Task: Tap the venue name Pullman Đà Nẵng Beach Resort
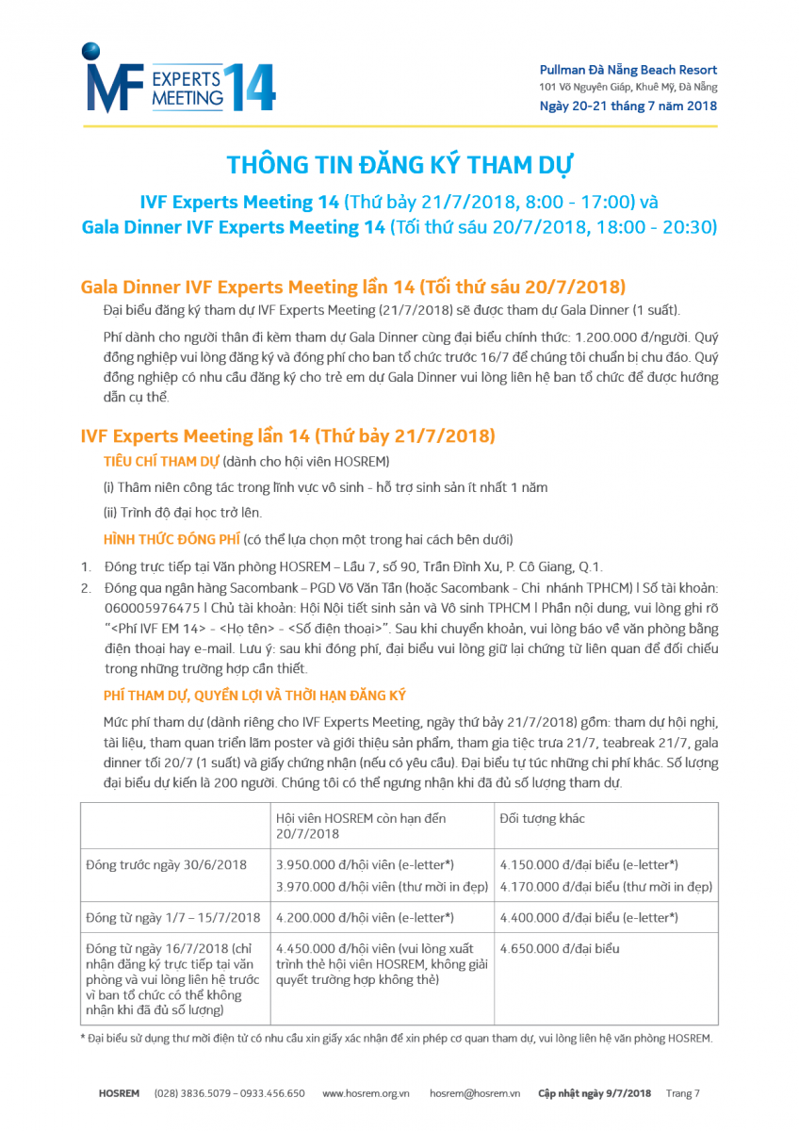[x=628, y=70]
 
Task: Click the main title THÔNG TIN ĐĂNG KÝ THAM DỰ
[x=399, y=165]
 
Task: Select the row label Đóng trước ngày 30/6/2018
[x=166, y=864]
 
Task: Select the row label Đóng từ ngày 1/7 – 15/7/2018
[x=173, y=917]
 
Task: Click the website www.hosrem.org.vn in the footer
[x=366, y=1093]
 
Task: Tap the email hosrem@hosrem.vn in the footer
[x=475, y=1093]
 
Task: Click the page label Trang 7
[x=683, y=1093]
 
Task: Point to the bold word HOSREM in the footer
[x=119, y=1093]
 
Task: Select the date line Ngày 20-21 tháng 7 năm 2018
[x=628, y=106]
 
